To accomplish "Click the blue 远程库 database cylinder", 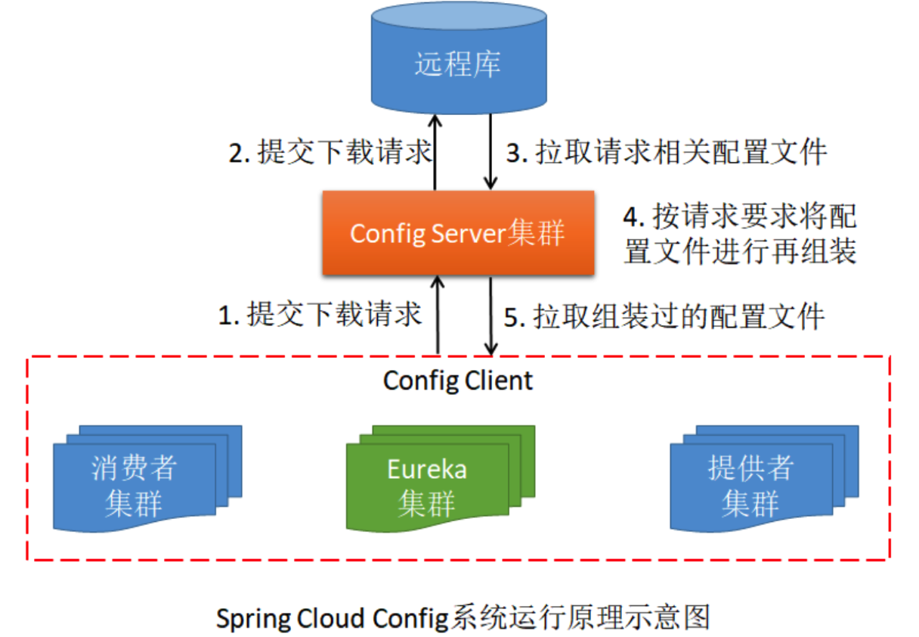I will point(458,61).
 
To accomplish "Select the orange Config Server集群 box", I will point(458,233).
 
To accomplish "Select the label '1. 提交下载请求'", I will point(320,315).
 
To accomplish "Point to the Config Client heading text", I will point(458,380).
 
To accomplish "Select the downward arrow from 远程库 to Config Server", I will point(491,151).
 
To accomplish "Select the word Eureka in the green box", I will point(427,469).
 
